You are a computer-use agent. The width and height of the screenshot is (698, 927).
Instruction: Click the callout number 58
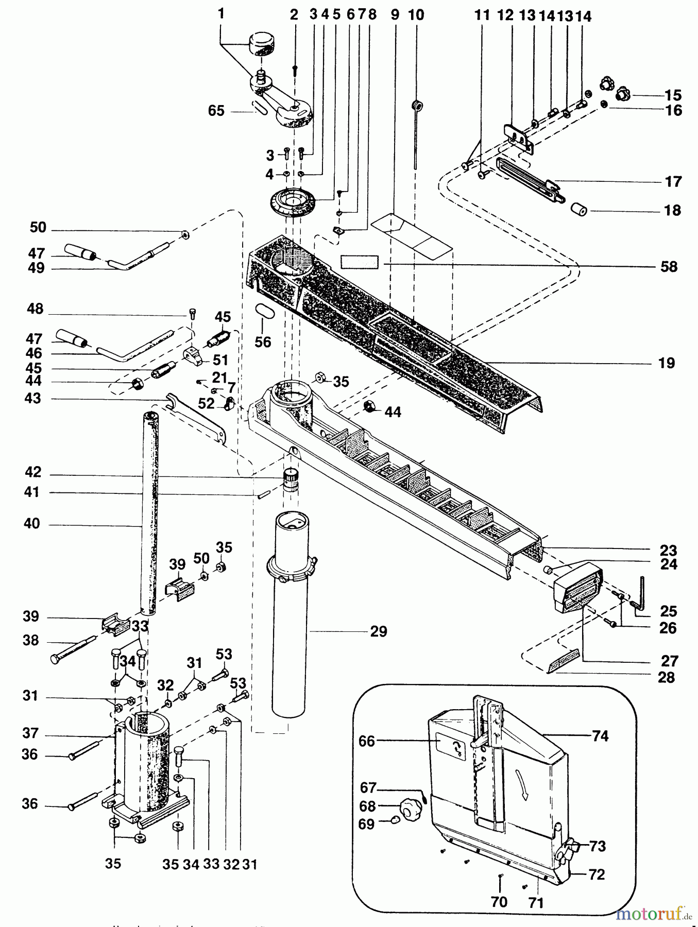(x=669, y=267)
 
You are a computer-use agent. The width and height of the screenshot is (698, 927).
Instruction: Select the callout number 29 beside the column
(x=378, y=631)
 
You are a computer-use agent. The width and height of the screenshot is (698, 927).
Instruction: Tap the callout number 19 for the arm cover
(x=666, y=363)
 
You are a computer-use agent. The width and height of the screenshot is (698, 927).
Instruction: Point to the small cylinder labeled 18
(x=578, y=210)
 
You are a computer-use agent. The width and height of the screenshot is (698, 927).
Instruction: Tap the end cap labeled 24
(x=578, y=586)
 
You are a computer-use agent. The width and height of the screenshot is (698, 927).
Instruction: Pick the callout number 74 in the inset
(x=600, y=736)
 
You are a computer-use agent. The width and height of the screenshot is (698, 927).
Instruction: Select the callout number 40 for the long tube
(x=31, y=524)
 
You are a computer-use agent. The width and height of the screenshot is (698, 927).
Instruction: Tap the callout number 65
(x=216, y=111)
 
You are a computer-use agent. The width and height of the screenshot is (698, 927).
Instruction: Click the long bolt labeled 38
(x=72, y=649)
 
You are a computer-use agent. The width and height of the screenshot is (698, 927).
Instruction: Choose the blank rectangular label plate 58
(x=359, y=262)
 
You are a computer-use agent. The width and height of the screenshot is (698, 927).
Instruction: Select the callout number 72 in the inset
(x=597, y=874)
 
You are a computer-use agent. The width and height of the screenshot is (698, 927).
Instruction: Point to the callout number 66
(x=367, y=741)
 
